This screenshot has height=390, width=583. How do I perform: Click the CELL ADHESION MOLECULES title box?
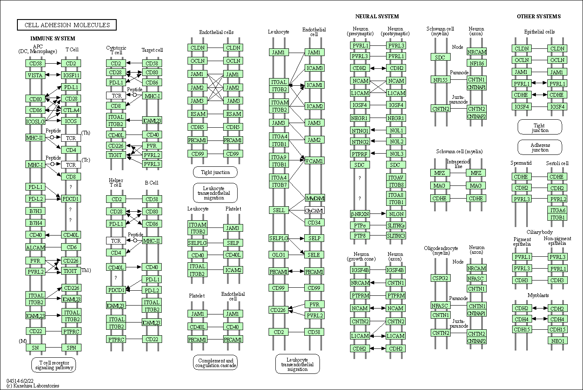(67, 25)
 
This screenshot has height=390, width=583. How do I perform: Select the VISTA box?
(35, 75)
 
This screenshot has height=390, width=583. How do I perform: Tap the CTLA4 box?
(71, 110)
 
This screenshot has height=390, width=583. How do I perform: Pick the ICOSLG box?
(35, 121)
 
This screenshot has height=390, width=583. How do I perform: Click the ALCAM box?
(35, 247)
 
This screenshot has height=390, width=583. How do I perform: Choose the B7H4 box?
(35, 223)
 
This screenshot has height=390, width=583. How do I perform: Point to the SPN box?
(71, 348)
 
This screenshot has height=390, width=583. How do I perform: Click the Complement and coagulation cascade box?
(215, 363)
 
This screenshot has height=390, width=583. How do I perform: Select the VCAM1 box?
(314, 161)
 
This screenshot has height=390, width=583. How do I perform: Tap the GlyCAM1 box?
(314, 211)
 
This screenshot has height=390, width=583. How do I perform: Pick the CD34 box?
(314, 222)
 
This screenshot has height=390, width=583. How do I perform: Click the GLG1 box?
(279, 255)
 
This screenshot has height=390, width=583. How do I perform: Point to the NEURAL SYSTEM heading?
(377, 17)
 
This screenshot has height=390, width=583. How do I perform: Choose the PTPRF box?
(360, 154)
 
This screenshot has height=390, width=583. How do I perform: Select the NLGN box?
(396, 214)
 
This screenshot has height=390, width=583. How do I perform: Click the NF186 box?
(476, 63)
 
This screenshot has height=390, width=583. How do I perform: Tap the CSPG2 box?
(440, 278)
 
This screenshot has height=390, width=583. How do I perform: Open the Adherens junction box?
(540, 147)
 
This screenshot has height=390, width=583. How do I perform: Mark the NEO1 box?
(558, 340)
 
